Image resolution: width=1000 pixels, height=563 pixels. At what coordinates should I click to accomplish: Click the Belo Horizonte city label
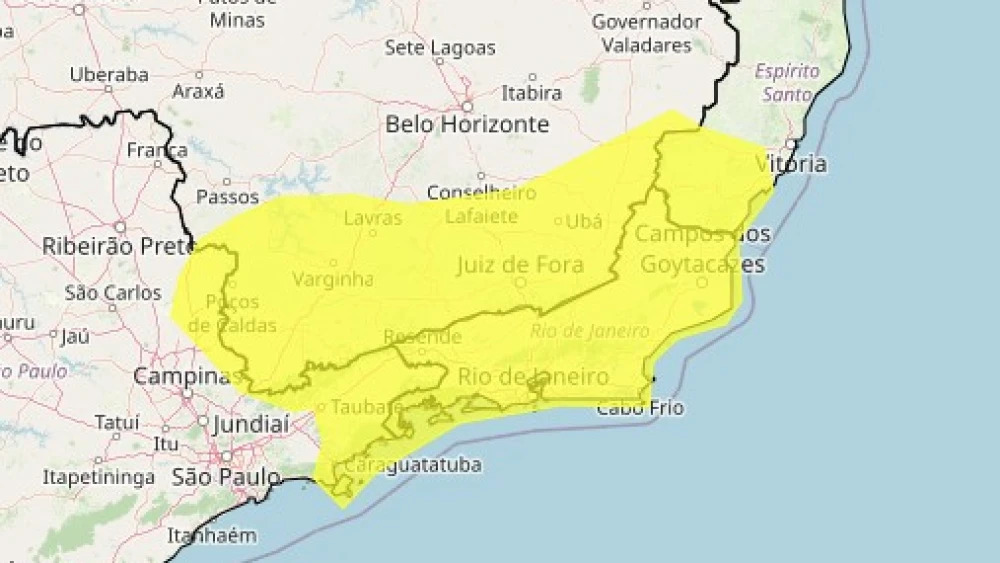point(467,124)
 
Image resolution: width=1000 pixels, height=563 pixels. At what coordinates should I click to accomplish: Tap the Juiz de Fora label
point(519,265)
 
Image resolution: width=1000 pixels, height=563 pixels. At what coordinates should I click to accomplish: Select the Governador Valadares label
point(646,33)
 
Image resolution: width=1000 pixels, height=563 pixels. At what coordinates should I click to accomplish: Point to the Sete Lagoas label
point(440,48)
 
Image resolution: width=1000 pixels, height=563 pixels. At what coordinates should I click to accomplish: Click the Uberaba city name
point(109,75)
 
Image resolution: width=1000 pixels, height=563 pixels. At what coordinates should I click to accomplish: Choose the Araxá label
point(198,91)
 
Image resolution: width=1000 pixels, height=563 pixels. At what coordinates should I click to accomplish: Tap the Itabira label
point(531,93)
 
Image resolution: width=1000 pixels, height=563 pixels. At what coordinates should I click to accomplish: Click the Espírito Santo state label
point(787,83)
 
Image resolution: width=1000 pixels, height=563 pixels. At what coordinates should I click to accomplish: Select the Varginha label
point(333,279)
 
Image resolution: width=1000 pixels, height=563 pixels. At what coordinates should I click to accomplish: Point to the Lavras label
point(372,218)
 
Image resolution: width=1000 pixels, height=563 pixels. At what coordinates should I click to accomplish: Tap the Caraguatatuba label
point(413,465)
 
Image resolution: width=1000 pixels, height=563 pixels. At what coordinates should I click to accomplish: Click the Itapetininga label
point(98,477)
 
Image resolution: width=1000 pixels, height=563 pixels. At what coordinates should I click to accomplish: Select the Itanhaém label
point(211,535)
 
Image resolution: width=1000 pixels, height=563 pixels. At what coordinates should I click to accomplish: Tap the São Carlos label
point(113,293)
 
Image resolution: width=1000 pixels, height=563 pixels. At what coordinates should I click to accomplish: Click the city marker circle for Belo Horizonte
point(467,105)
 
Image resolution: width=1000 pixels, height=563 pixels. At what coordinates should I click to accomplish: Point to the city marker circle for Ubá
point(559,221)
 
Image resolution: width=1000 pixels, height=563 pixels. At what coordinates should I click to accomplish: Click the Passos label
point(227,197)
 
